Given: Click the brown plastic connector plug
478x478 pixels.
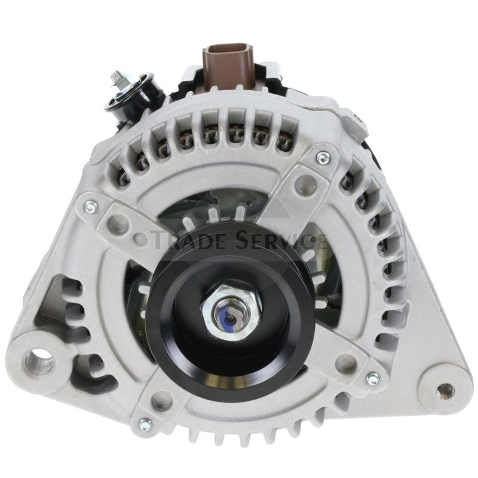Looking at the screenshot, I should point(228,66).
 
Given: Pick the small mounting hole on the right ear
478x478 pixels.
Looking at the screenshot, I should point(443,391).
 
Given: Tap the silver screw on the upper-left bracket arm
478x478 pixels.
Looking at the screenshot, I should point(90,206).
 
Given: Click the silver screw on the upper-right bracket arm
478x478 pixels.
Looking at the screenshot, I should point(323,158).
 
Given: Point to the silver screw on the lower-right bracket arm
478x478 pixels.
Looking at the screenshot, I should point(372,378).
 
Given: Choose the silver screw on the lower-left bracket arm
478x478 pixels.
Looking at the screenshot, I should point(144,425).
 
